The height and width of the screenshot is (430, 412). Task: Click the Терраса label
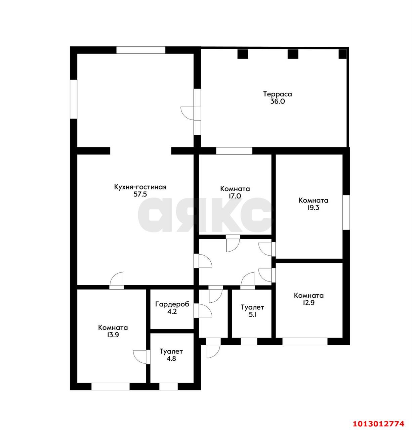pyautogui.click(x=277, y=94)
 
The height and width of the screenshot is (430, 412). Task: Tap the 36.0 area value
pyautogui.click(x=277, y=101)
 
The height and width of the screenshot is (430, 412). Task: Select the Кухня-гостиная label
pyautogui.click(x=140, y=187)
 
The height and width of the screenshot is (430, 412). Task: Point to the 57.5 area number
pyautogui.click(x=140, y=195)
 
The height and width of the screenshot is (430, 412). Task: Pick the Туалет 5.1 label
pyautogui.click(x=252, y=311)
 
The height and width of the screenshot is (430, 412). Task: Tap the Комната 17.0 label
pyautogui.click(x=235, y=192)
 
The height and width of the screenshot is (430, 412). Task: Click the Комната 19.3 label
pyautogui.click(x=313, y=204)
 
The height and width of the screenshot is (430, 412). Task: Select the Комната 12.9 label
pyautogui.click(x=308, y=299)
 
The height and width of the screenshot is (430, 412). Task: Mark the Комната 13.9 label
pyautogui.click(x=113, y=331)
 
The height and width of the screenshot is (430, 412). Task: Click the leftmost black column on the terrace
pyautogui.click(x=243, y=54)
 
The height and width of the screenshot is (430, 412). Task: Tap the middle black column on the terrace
pyautogui.click(x=293, y=54)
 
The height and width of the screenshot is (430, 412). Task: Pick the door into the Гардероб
pyautogui.click(x=203, y=311)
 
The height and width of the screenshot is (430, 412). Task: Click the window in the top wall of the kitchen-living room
pyautogui.click(x=141, y=50)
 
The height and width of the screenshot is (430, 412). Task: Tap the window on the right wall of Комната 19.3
pyautogui.click(x=346, y=212)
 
